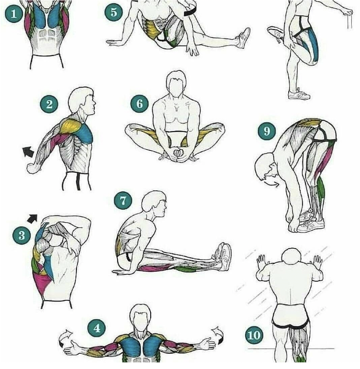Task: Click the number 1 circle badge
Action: (x=14, y=14)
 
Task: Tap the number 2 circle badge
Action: (x=49, y=104)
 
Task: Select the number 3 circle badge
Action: (x=22, y=235)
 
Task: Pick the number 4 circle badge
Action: (x=96, y=328)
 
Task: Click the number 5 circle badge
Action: (x=114, y=12)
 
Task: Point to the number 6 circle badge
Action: (x=139, y=104)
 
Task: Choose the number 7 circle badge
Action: (x=123, y=200)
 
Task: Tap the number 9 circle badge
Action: (x=267, y=131)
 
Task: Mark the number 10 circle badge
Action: (x=254, y=334)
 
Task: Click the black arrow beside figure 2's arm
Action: (x=28, y=151)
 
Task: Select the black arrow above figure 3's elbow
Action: (x=32, y=218)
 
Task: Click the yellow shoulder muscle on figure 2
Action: (x=71, y=127)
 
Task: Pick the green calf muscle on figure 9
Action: (x=320, y=187)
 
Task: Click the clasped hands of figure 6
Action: (x=178, y=153)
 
